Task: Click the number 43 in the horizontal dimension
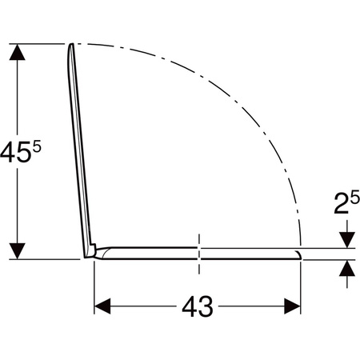(x=198, y=306)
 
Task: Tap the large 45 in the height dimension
(x=14, y=152)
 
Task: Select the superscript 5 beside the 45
(x=37, y=147)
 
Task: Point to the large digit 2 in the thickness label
(x=342, y=203)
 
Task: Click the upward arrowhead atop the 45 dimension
(x=18, y=52)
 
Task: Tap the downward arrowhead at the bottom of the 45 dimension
(x=18, y=251)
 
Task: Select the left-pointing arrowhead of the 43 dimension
(x=102, y=306)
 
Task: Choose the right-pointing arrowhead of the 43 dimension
(x=292, y=306)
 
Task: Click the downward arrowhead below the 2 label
(x=347, y=240)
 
